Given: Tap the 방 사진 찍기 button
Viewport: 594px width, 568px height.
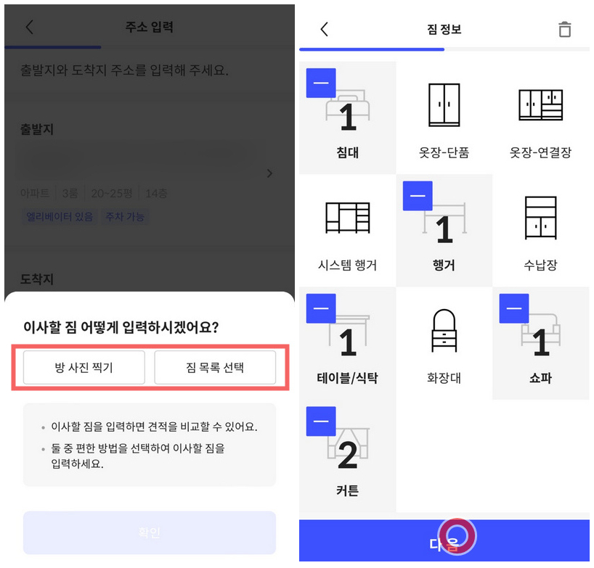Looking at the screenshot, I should pos(84,367).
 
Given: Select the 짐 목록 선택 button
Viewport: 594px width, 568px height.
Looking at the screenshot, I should pos(215,367).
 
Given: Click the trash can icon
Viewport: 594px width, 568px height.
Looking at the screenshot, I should pos(564,29).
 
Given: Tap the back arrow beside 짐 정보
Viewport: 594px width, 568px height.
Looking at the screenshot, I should pos(324,29).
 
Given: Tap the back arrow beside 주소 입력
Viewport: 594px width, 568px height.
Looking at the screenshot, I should pos(29,28).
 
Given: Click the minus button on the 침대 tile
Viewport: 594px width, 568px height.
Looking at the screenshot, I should pos(321,83).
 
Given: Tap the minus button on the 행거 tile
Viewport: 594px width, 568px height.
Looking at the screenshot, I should pos(418,196).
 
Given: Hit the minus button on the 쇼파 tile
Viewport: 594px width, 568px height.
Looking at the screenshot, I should pos(514,308).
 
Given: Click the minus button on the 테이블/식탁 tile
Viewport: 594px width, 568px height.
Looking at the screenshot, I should pos(321,308).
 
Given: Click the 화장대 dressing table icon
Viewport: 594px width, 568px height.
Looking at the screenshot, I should pos(444,330).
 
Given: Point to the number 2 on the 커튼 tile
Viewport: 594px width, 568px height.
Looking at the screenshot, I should pos(348,455).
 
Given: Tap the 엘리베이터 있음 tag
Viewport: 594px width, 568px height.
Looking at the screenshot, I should pos(60,216).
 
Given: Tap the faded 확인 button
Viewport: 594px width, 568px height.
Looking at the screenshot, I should pos(150,532).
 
